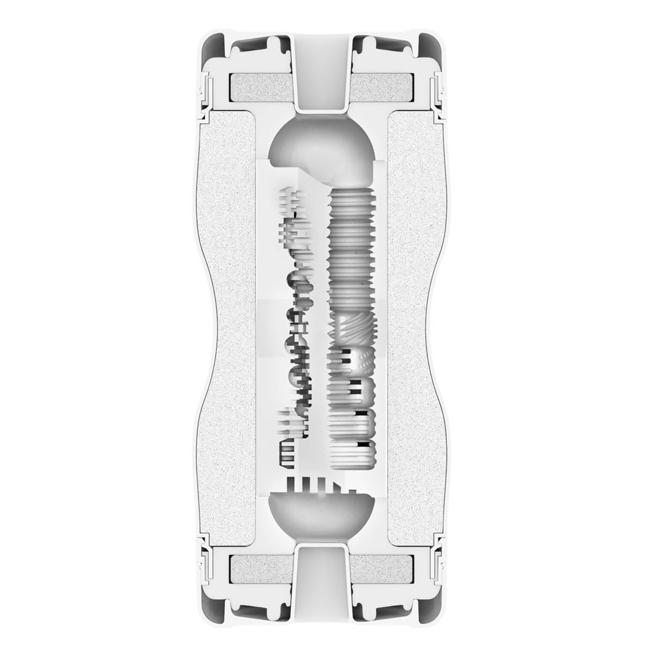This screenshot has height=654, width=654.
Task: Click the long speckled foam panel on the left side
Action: coord(229,327)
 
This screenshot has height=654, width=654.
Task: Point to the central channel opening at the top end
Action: coord(320,72)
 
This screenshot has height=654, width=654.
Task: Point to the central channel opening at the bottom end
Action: coord(320,582)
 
